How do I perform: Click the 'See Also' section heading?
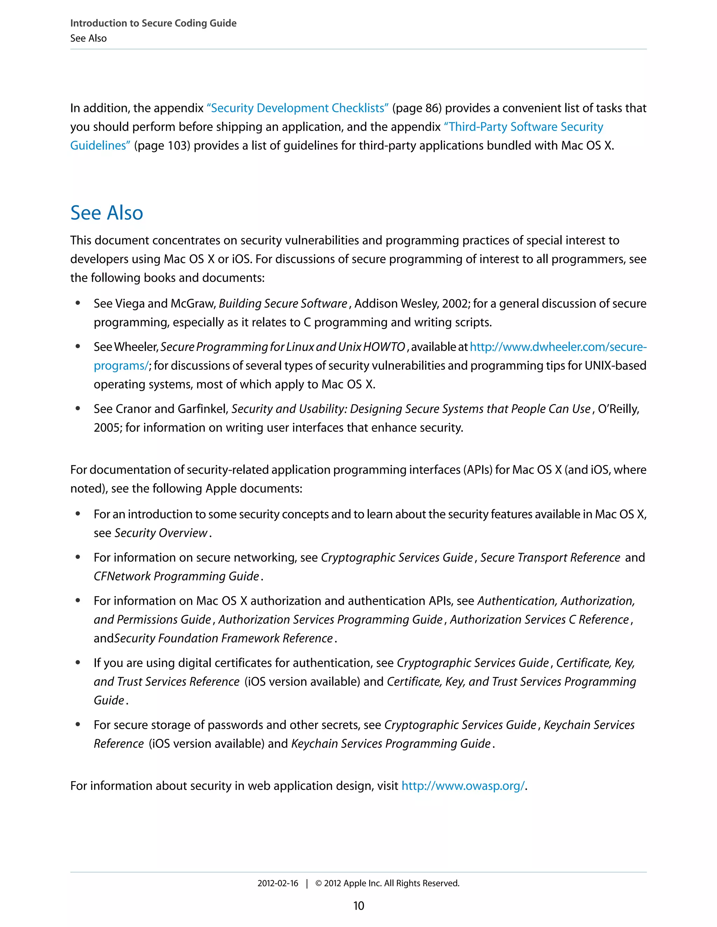click(x=107, y=213)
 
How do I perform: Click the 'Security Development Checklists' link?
click(x=297, y=108)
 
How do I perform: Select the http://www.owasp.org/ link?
click(x=463, y=786)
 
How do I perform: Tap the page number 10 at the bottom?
click(x=358, y=906)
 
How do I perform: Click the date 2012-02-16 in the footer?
click(x=278, y=883)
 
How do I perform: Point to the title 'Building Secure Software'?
click(x=283, y=304)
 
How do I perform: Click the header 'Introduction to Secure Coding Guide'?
click(x=153, y=23)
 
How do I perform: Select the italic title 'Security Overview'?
click(x=161, y=533)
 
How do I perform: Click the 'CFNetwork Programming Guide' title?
click(x=176, y=576)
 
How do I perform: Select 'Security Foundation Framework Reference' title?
click(x=223, y=638)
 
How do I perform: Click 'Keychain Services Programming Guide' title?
click(x=391, y=743)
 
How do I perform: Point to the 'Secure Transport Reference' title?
click(x=550, y=557)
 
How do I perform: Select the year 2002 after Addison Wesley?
click(x=455, y=304)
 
